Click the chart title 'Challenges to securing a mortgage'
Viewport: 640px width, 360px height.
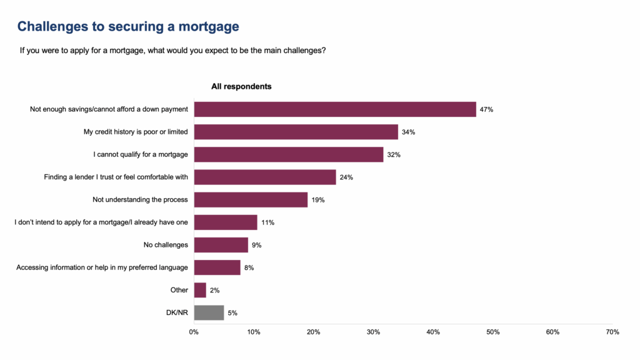pyautogui.click(x=128, y=26)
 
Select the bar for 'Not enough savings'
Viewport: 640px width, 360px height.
pyautogui.click(x=335, y=109)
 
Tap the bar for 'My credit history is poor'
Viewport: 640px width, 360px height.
pyautogui.click(x=296, y=132)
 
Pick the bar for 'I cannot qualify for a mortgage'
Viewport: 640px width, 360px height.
pyautogui.click(x=289, y=154)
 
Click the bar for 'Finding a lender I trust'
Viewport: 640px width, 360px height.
pyautogui.click(x=265, y=177)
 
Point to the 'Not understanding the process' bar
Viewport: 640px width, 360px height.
pyautogui.click(x=251, y=199)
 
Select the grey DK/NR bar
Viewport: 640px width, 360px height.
pyautogui.click(x=209, y=312)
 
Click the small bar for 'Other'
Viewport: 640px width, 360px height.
pyautogui.click(x=200, y=290)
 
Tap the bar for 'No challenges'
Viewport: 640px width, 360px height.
pyautogui.click(x=221, y=245)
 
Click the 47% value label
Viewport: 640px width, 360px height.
pyautogui.click(x=486, y=110)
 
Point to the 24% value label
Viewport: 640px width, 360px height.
pyautogui.click(x=346, y=177)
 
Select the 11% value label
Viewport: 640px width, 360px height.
pyautogui.click(x=267, y=222)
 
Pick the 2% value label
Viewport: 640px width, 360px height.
pyautogui.click(x=215, y=290)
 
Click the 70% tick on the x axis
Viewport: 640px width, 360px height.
pyautogui.click(x=612, y=332)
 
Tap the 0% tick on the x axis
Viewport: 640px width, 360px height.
pyautogui.click(x=194, y=332)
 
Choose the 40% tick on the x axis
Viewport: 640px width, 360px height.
pyautogui.click(x=433, y=332)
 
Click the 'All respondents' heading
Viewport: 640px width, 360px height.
pyautogui.click(x=241, y=87)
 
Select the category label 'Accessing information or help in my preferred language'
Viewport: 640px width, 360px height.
pyautogui.click(x=102, y=267)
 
